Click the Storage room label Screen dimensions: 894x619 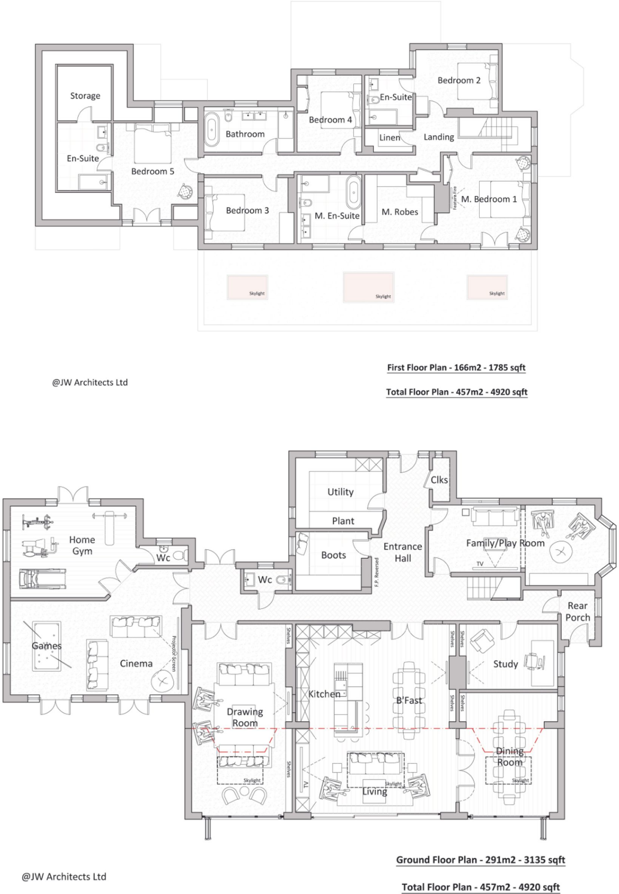point(85,96)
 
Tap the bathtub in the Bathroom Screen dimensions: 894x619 point(212,129)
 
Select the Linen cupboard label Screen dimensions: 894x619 point(389,138)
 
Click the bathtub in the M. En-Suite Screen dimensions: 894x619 point(353,193)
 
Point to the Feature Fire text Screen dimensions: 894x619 point(454,198)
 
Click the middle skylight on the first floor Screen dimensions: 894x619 point(368,287)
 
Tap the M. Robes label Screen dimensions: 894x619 point(399,212)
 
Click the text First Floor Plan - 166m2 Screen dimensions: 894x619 point(456,368)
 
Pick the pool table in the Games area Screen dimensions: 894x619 point(46,647)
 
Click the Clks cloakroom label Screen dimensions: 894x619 point(439,480)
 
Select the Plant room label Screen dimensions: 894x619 point(343,521)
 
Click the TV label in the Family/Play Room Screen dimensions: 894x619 point(480,564)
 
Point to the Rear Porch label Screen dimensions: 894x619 point(578,611)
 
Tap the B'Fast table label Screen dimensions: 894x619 point(409,700)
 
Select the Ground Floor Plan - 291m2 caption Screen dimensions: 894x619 point(480,860)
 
